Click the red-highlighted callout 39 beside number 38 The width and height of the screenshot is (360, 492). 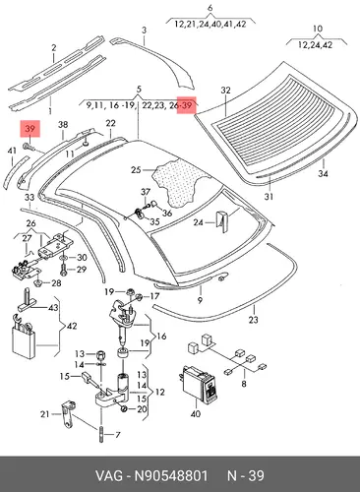pos(30,129)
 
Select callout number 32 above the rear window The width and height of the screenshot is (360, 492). pos(225,90)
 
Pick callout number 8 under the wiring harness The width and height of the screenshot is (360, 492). pos(244,383)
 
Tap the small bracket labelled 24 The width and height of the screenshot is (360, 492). pos(223,222)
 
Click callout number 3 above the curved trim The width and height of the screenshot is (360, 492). pos(144,31)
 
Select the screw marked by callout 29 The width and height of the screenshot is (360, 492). pos(63,270)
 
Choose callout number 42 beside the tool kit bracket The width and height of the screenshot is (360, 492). pos(72,326)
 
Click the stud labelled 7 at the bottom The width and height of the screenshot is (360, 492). pos(101,434)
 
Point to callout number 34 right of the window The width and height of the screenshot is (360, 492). pos(323,173)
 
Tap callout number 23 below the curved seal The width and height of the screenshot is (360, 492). pos(253,319)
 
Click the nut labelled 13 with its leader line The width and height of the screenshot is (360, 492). pos(101,354)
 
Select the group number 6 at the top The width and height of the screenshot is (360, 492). pos(210,8)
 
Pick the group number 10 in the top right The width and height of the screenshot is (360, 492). pos(318,29)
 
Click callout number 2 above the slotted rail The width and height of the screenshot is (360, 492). pos(54,48)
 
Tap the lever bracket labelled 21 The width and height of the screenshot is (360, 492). pos(68,414)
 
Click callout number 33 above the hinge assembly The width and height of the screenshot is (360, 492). pos(30,198)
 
